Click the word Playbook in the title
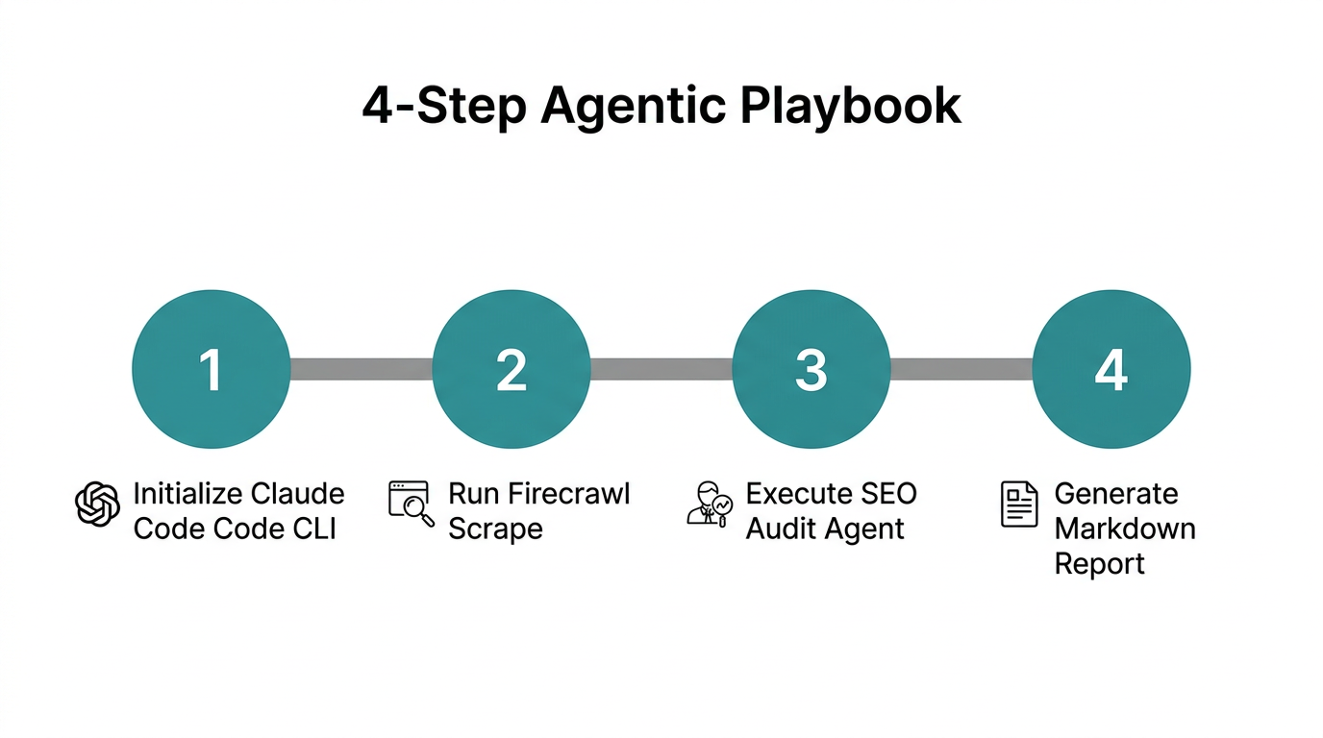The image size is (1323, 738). (850, 106)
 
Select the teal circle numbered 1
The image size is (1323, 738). (211, 369)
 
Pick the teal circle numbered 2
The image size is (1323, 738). (511, 369)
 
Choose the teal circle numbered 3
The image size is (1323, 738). (811, 369)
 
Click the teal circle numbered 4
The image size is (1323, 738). (1111, 369)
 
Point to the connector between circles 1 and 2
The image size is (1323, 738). (361, 369)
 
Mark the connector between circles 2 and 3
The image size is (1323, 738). (661, 369)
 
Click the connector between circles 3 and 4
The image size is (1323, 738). (961, 369)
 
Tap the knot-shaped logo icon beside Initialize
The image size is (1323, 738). (98, 504)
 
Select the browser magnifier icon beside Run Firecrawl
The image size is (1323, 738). (411, 504)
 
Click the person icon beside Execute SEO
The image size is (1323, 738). (710, 504)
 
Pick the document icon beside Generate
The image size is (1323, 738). (1019, 504)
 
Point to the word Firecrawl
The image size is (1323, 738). (567, 494)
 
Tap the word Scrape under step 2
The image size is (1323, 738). (495, 529)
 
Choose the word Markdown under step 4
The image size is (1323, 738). (1124, 529)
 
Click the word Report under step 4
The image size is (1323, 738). (1099, 563)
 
